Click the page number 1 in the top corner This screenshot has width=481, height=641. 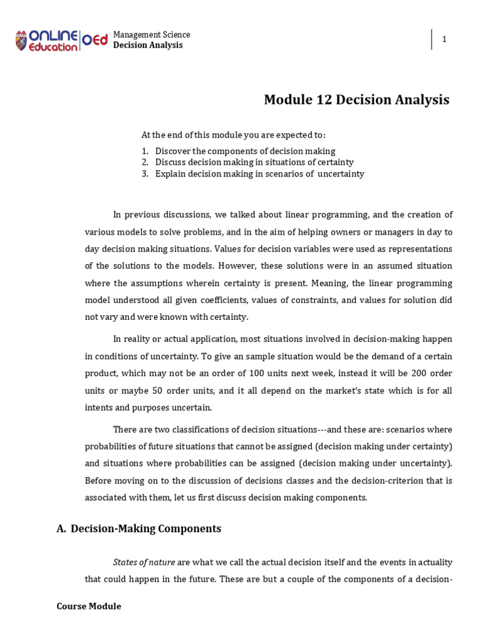pos(445,40)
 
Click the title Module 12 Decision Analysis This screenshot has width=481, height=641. pos(356,100)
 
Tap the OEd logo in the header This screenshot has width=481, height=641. pos(95,40)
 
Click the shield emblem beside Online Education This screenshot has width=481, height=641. pos(21,41)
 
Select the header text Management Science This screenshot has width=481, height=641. pos(152,34)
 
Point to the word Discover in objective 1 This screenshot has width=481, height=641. pos(173,151)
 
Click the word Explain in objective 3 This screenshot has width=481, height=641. pos(170,173)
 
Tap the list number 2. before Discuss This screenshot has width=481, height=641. pos(145,162)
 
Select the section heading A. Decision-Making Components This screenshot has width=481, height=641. pos(138,529)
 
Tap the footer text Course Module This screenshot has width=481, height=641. pos(89,607)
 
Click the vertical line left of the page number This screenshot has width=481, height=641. pos(432,39)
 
